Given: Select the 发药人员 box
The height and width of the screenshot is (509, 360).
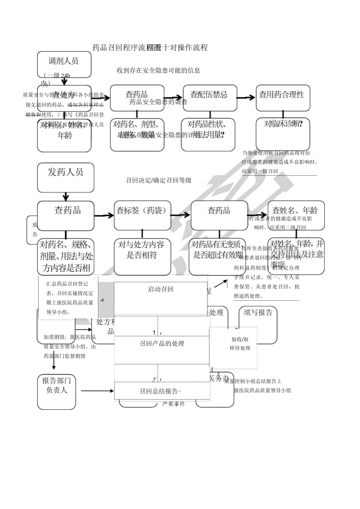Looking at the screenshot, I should point(66,178).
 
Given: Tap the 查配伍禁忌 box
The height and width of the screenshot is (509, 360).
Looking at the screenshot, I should point(210,98).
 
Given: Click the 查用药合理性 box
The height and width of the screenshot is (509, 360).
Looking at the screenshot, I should point(283,98).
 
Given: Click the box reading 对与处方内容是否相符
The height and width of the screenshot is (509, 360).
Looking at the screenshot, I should point(142,256).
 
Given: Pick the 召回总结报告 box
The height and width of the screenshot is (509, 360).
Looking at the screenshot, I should point(162,391).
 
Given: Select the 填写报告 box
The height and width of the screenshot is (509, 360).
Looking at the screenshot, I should point(258,324).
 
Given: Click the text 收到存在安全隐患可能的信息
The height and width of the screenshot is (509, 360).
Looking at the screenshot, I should point(158,70).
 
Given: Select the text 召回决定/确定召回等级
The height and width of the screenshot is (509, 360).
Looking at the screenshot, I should point(158,181).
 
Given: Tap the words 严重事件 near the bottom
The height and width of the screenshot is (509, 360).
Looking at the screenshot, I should point(173,404).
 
